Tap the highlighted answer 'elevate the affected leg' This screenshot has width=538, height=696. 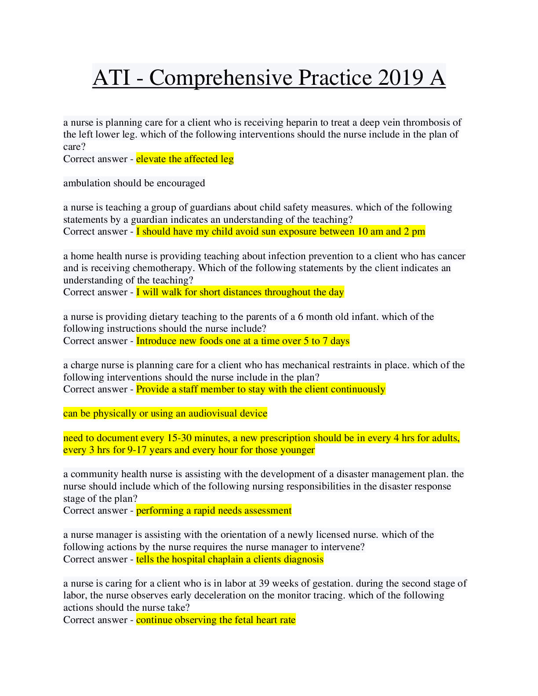(x=185, y=159)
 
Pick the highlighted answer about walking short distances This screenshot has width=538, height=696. (x=240, y=292)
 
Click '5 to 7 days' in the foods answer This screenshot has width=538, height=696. (x=327, y=341)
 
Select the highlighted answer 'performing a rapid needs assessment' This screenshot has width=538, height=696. (x=214, y=511)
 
